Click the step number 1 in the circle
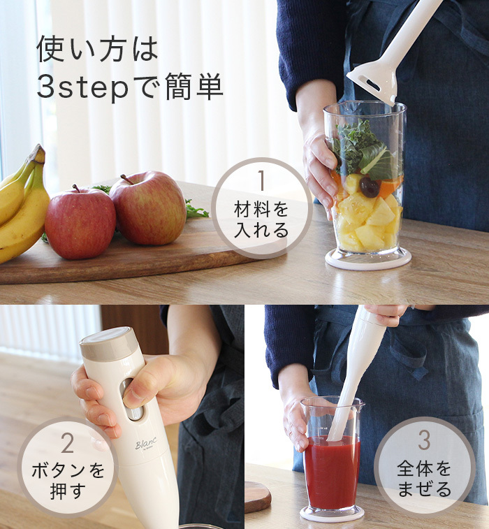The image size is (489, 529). tap(261, 180)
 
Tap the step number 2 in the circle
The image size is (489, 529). tap(68, 443)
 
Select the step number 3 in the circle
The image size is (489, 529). tap(424, 440)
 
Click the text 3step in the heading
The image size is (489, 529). tap(82, 87)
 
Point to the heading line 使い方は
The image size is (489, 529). tap(98, 49)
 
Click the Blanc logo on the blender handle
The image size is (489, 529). tap(146, 444)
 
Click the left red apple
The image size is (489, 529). tap(80, 223)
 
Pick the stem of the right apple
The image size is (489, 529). tap(127, 179)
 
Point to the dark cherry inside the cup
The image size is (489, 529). tap(370, 187)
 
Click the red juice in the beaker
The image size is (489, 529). tap(333, 472)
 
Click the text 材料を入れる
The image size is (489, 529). tap(261, 219)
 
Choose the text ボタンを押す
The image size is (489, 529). tap(68, 481)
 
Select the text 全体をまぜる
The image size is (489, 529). tap(424, 479)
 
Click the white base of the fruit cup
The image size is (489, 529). tap(368, 260)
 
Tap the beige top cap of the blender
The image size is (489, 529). tap(107, 343)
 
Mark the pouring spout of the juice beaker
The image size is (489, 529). tap(360, 403)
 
